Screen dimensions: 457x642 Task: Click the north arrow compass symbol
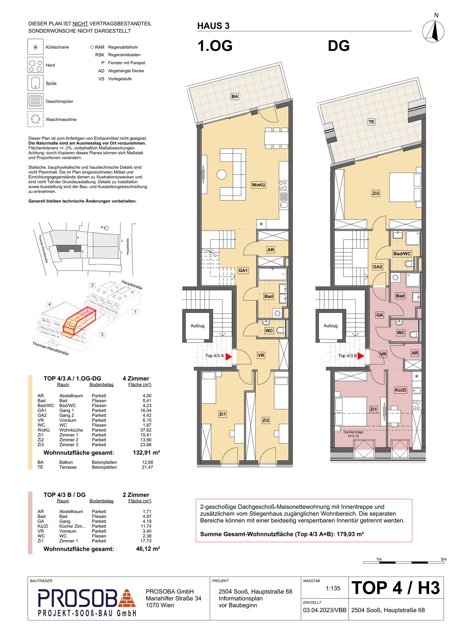pos(433,31)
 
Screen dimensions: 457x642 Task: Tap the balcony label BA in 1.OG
pos(235,96)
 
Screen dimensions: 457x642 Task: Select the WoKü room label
pos(258,185)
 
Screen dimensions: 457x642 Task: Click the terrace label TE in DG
pos(371,122)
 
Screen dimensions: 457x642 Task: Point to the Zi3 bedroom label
pos(376,193)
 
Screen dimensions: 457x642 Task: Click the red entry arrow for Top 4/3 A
pos(229,357)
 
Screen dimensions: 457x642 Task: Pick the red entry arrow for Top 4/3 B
pos(361,356)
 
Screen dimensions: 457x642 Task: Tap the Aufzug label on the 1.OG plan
pos(197,326)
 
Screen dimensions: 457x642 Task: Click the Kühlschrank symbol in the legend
pos(36,47)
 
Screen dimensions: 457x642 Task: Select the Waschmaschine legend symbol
pos(36,119)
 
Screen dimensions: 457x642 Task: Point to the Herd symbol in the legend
pos(36,65)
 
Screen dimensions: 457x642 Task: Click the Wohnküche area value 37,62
pos(146,430)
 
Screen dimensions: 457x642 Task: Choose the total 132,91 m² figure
pos(146,453)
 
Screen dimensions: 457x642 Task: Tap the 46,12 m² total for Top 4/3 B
pos(148,549)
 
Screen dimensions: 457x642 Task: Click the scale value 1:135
pos(333,588)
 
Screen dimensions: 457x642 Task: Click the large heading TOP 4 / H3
pos(396,588)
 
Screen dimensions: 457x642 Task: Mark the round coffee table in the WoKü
pos(221,174)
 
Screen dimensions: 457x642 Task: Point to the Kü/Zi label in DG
pos(400,390)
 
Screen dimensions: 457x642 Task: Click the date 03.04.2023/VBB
pos(325,610)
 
